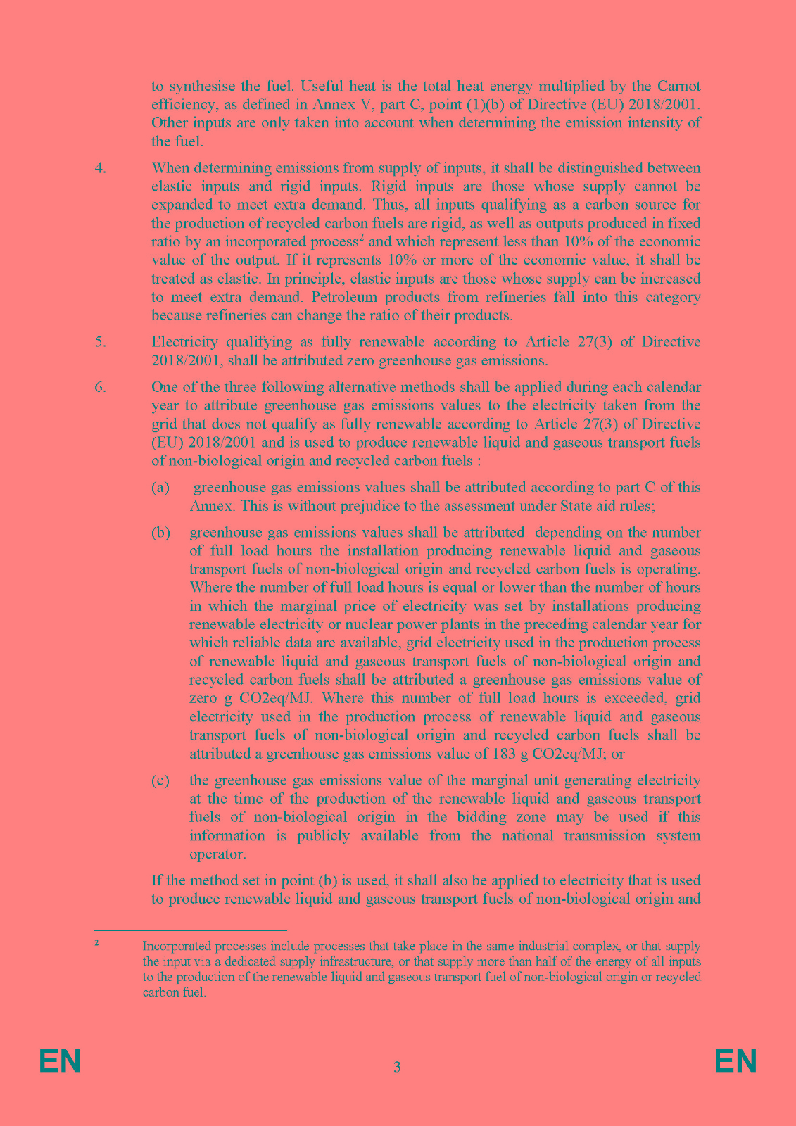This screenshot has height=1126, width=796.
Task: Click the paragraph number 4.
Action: pos(100,168)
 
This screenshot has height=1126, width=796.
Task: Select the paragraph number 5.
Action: pos(100,342)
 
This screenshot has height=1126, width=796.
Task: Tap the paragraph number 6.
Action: pos(100,387)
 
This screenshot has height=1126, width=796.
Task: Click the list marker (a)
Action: pos(160,487)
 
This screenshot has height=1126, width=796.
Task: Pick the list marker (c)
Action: pos(160,780)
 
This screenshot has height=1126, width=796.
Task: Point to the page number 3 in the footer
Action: pos(397,1067)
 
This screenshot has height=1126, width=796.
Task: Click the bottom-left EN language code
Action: pos(60,1061)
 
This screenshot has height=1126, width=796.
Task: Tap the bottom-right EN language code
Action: pos(735,1061)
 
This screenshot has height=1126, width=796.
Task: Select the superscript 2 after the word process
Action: pos(361,238)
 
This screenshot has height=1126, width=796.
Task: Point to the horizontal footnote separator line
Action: pos(191,930)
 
